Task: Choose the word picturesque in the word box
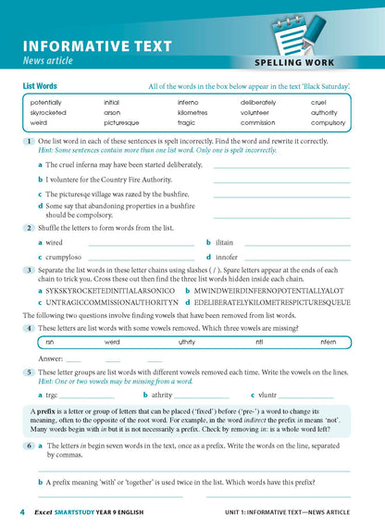click(121, 122)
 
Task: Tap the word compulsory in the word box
click(328, 122)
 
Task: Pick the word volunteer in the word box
click(258, 112)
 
